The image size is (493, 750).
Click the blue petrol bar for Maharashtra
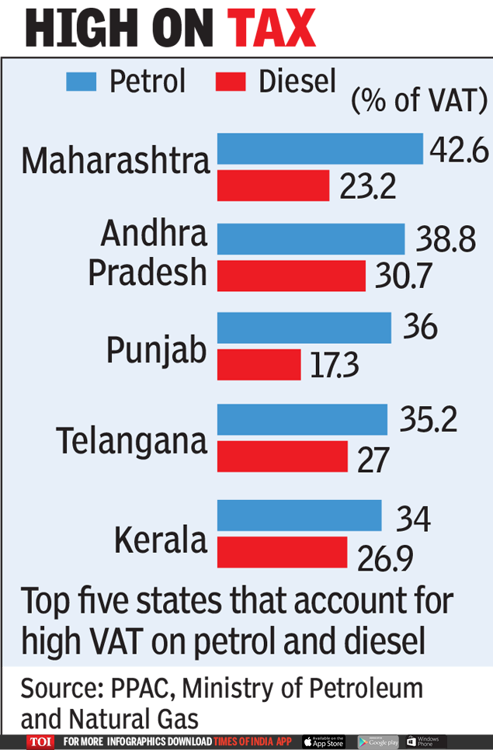(319, 148)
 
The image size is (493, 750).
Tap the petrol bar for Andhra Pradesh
(311, 238)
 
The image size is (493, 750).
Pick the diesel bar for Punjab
(259, 365)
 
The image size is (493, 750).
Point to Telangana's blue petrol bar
(302, 419)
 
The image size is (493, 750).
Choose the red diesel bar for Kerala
(282, 552)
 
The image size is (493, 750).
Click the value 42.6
(459, 150)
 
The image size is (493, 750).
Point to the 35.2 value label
(429, 420)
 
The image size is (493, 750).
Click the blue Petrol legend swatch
(82, 82)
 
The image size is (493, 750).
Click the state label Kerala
(161, 540)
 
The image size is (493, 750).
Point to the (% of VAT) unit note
(418, 100)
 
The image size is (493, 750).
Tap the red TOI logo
(40, 741)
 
